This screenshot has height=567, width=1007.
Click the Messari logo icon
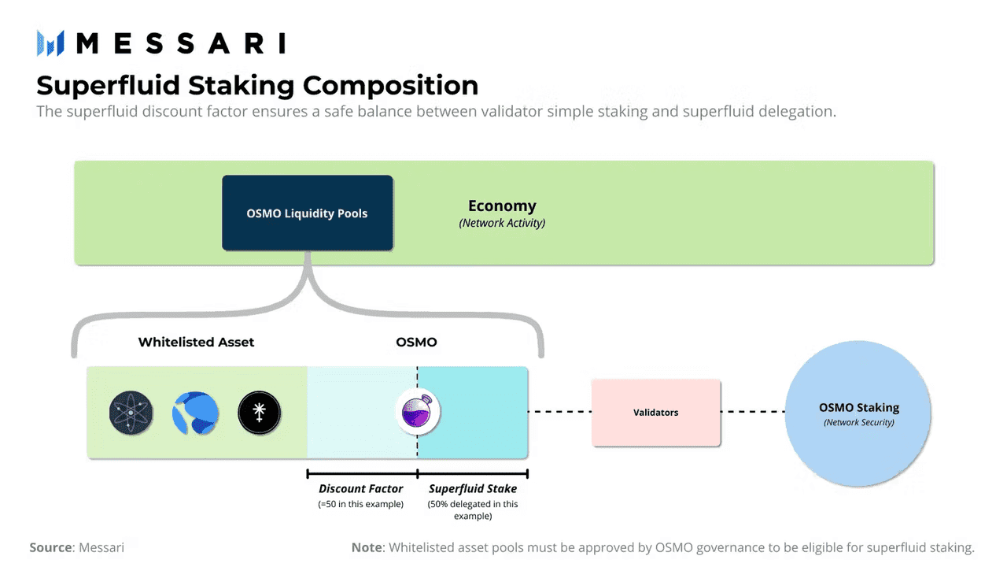tap(50, 43)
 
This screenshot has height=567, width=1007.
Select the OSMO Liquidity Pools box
tap(307, 213)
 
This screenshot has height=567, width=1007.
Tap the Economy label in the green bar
tap(502, 206)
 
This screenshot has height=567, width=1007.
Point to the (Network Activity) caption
tap(502, 223)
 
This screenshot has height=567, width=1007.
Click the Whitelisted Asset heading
tap(196, 342)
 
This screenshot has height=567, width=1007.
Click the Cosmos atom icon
tap(131, 413)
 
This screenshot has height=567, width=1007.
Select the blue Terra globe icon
tap(195, 413)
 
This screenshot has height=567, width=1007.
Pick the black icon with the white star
tap(260, 413)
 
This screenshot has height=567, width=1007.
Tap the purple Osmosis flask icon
tap(417, 412)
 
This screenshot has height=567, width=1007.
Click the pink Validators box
tap(655, 413)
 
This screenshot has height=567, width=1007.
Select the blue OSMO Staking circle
tap(858, 413)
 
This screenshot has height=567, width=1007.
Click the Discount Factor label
tap(360, 489)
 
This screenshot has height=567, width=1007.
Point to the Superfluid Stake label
tap(472, 489)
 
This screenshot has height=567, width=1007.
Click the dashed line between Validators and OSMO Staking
tap(753, 412)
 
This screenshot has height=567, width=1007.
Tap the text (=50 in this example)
tap(360, 504)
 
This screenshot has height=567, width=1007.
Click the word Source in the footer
tap(51, 547)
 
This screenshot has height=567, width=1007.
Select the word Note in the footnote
tap(367, 547)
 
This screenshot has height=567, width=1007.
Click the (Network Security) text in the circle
tap(858, 423)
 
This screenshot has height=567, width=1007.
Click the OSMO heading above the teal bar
tap(416, 342)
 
